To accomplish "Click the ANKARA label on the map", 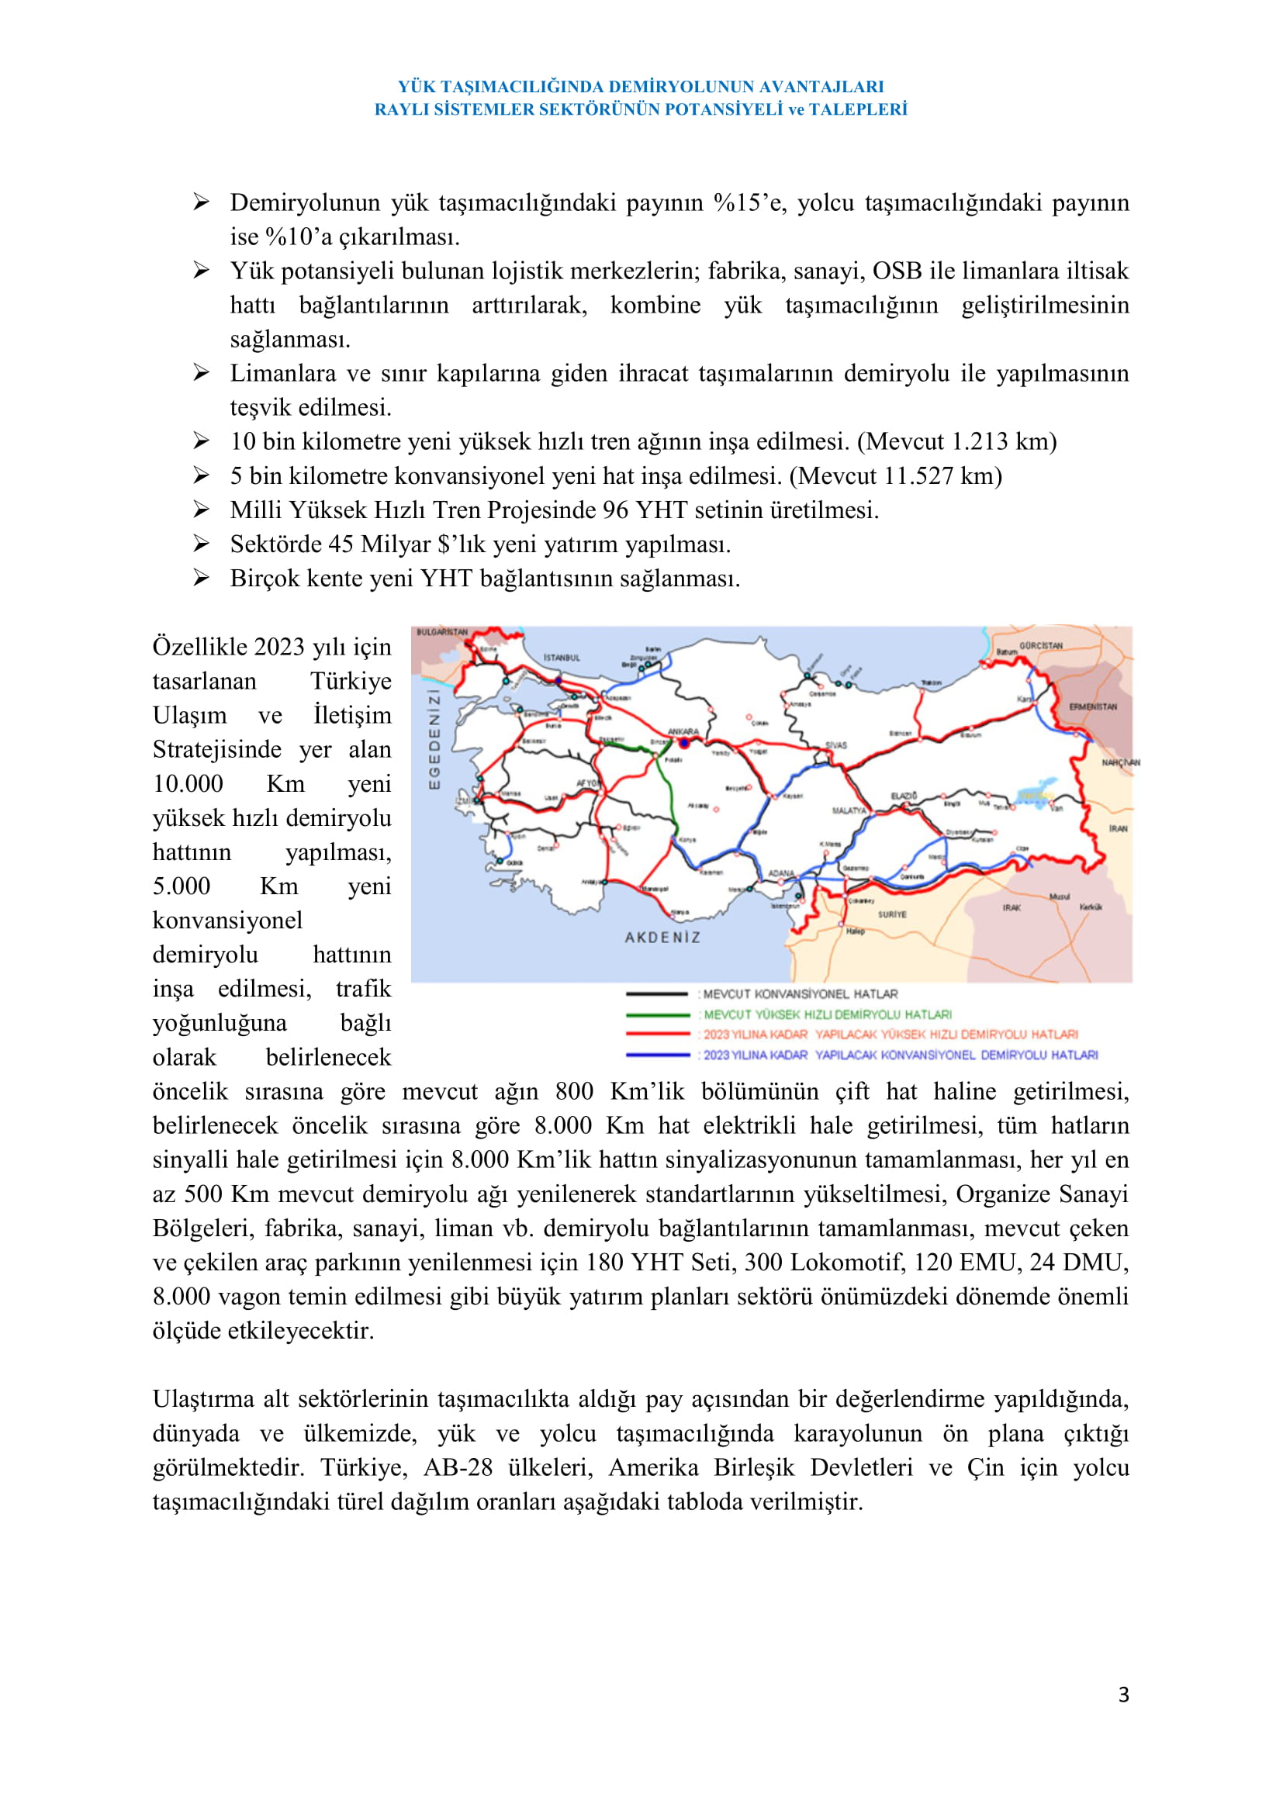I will pos(683,731).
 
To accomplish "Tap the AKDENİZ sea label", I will pos(662,937).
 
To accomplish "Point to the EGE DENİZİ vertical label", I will pos(434,739).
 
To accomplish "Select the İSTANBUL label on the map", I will pos(562,658).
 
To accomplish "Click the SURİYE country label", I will pos(892,914).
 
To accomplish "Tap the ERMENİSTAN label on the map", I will pos(1093,707).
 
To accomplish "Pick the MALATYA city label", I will pos(849,810).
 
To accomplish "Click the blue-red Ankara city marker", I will pos(684,744).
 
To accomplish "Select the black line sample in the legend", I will pos(656,994).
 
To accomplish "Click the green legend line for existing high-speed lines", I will pos(656,1014).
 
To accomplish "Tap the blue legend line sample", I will pos(656,1055).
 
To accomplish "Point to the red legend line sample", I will pos(656,1035).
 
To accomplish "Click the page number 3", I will pos(1123,1694).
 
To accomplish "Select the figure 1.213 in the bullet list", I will pos(980,441).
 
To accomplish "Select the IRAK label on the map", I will pos(1012,908).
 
